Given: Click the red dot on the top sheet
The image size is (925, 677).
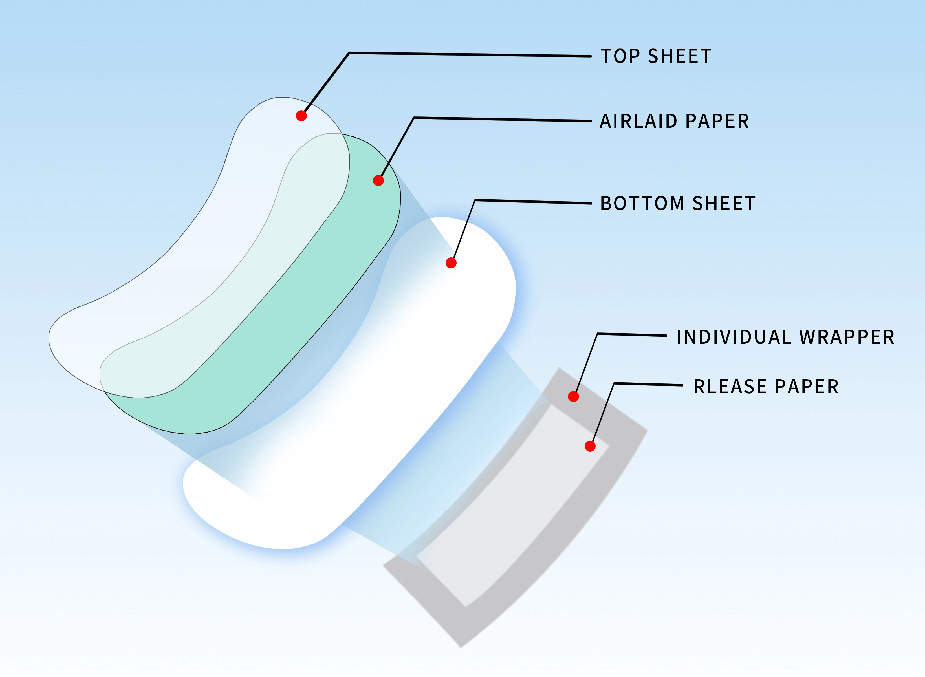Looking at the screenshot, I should (x=301, y=116).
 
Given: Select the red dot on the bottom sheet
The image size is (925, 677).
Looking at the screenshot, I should (x=451, y=263).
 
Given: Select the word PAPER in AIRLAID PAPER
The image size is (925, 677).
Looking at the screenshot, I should (x=717, y=121).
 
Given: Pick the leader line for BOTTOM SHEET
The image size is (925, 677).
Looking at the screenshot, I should (x=533, y=202).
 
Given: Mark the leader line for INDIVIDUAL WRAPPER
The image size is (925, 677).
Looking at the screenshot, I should (x=631, y=335).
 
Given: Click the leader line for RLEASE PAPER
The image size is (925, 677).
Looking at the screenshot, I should (x=647, y=384).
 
